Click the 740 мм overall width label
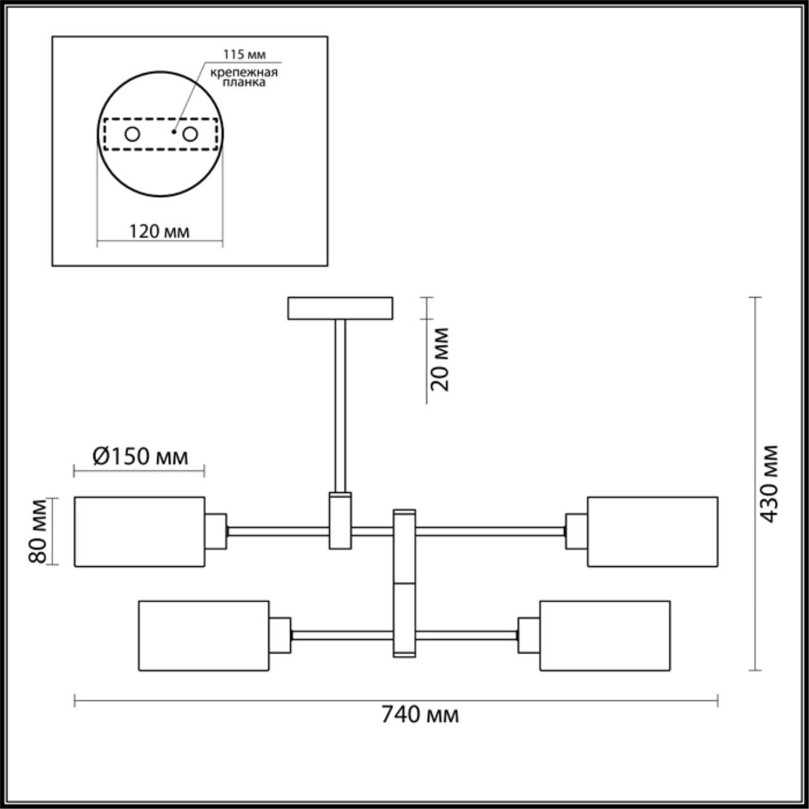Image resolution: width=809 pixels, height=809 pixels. [419, 715]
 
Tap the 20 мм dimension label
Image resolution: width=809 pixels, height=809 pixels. [441, 359]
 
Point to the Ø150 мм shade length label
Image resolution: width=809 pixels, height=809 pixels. [140, 456]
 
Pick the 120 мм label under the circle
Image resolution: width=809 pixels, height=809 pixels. [159, 231]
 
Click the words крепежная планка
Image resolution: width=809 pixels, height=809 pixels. [245, 76]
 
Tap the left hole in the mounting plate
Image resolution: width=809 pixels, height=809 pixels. [132, 134]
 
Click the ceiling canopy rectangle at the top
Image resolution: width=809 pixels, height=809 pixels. [340, 308]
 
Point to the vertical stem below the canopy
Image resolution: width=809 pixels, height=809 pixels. [340, 404]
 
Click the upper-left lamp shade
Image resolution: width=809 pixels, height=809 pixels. [140, 532]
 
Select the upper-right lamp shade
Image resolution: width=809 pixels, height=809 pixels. [652, 532]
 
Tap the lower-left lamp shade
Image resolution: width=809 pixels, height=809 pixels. [204, 635]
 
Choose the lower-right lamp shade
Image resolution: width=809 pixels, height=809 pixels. [605, 635]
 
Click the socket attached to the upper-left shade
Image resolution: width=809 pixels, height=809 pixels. [216, 531]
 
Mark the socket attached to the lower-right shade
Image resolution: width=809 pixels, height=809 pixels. [528, 635]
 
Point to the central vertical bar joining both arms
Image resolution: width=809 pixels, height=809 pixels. [404, 582]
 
